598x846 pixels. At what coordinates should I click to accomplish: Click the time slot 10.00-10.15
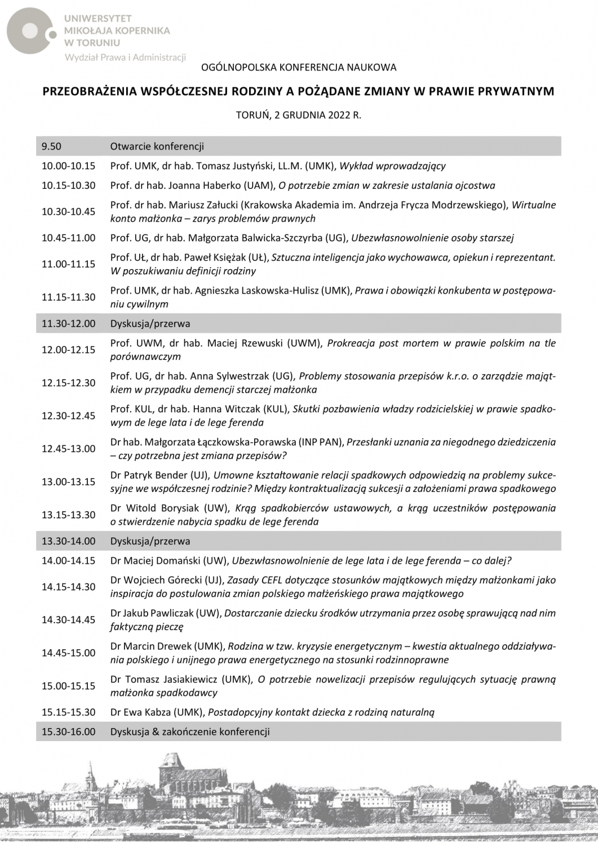tap(68, 166)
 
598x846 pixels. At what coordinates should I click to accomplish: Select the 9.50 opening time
tap(51, 147)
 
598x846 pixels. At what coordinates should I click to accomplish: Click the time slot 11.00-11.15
tap(68, 264)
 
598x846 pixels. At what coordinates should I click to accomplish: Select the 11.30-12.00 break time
tap(68, 324)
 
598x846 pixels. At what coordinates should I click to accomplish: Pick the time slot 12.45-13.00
tap(68, 448)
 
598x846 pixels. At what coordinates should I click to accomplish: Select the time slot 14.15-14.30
tap(68, 587)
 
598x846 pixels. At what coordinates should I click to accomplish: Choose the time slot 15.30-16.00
tap(68, 732)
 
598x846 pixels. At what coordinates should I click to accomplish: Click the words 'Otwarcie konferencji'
tap(157, 147)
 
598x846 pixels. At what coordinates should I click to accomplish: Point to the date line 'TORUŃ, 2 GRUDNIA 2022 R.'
tap(299, 116)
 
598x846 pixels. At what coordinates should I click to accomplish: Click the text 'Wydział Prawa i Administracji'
tap(125, 57)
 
